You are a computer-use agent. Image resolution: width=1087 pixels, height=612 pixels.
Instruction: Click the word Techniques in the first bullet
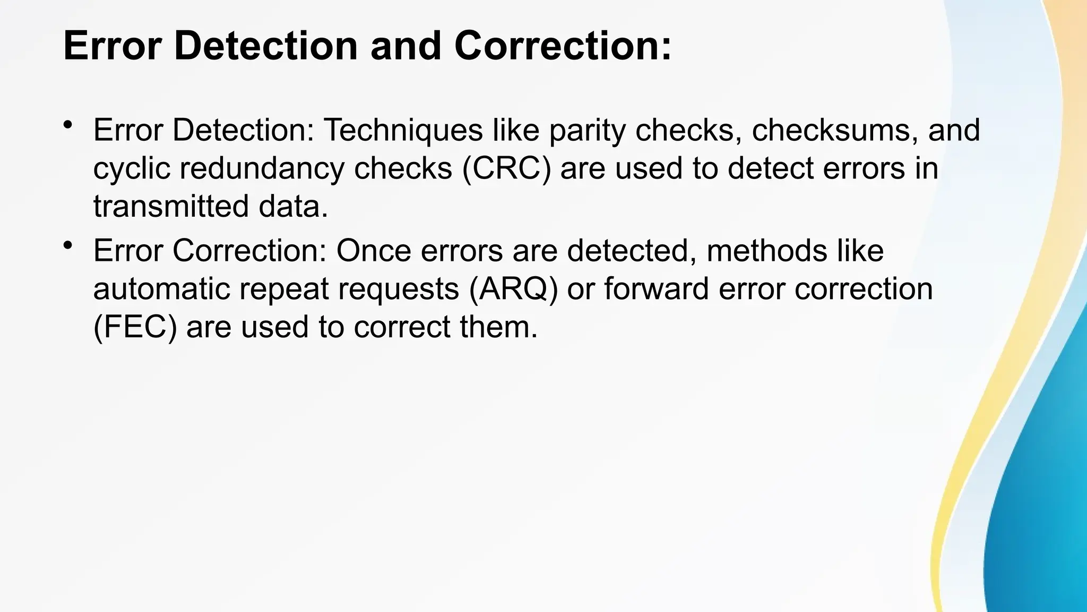point(403,130)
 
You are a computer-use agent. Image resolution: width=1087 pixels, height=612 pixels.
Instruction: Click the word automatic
point(162,289)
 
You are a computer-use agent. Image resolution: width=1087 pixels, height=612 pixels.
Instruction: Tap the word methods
point(766,251)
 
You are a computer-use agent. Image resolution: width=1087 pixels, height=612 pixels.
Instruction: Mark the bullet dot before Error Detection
point(67,125)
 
